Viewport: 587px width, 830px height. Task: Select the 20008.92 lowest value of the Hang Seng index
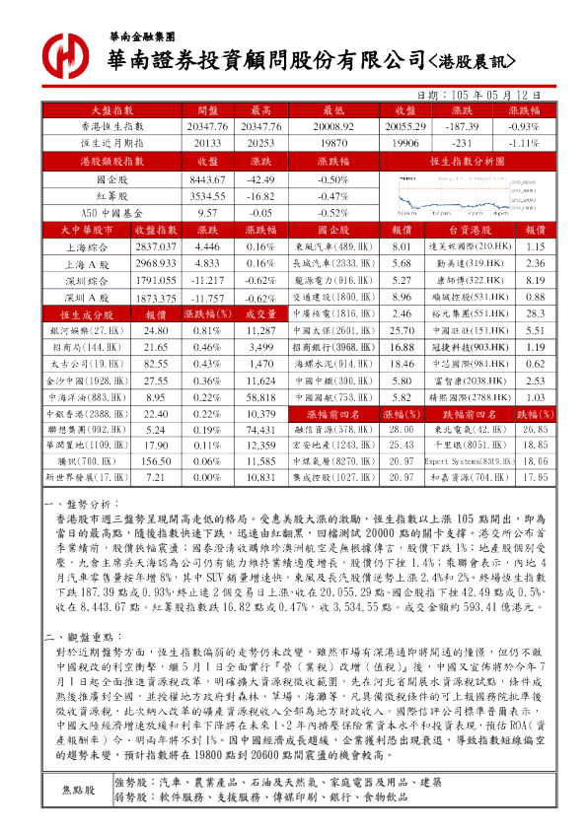tap(327, 126)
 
